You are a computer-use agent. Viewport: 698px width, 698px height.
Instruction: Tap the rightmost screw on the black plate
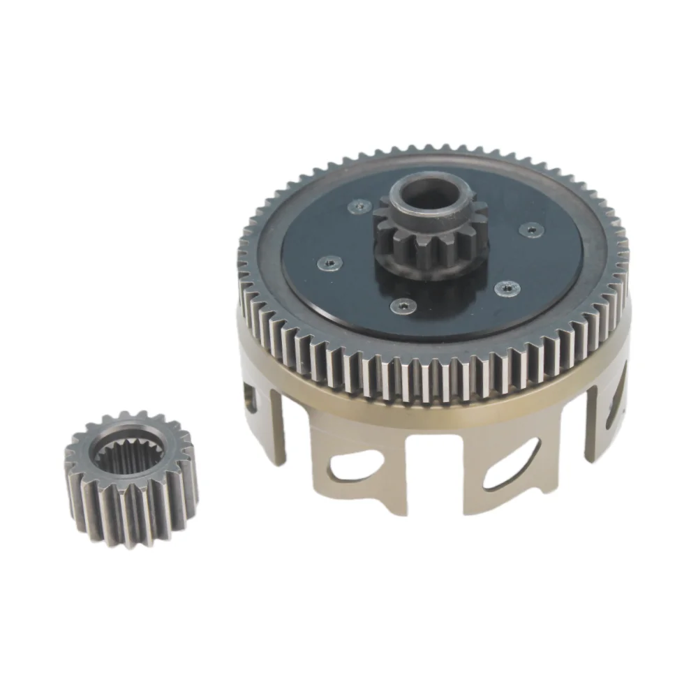pos(532,228)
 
